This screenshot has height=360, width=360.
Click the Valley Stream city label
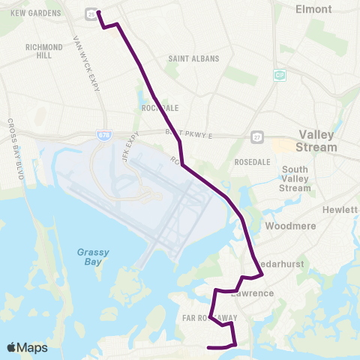[316, 140]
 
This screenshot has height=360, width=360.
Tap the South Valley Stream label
[295, 178]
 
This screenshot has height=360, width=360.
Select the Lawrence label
[252, 293]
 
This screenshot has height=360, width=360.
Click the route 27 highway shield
[256, 137]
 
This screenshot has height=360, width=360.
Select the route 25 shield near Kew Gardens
[91, 14]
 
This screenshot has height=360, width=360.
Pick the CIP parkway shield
[279, 76]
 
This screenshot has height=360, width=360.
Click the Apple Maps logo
[26, 348]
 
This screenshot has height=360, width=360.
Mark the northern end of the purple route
[98, 11]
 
